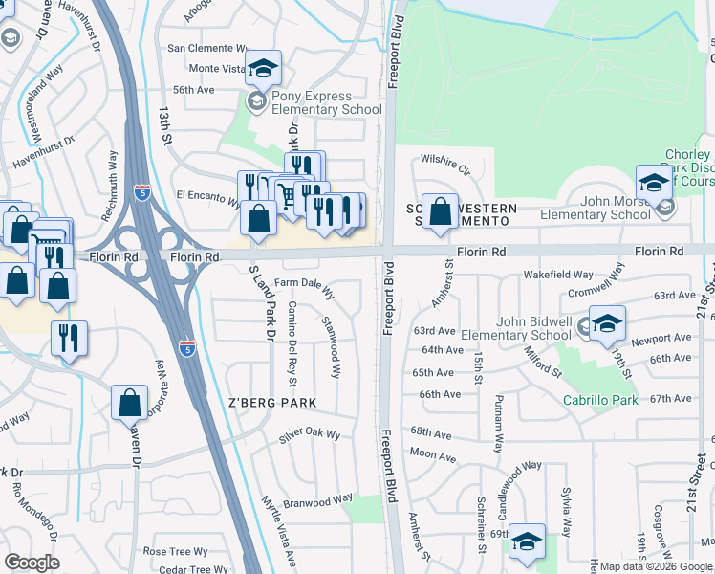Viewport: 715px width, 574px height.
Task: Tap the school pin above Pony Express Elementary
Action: (264, 68)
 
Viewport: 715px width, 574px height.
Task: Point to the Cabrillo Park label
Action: (599, 400)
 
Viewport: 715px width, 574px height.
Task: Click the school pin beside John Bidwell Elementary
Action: (606, 323)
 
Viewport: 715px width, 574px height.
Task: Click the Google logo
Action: (32, 563)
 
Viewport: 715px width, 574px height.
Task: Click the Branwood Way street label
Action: (318, 501)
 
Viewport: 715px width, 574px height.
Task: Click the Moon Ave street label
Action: (433, 455)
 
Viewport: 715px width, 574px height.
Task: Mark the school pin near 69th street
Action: (527, 541)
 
